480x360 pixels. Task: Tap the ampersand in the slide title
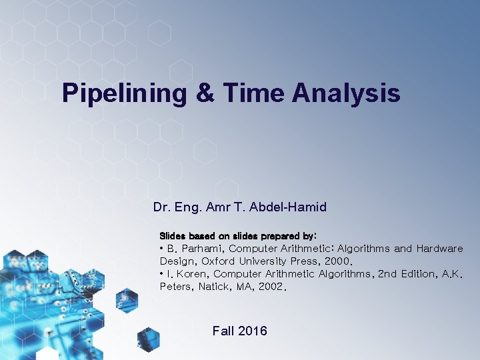(x=205, y=93)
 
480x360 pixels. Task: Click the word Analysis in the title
(x=346, y=93)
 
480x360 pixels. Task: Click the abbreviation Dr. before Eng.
(x=161, y=207)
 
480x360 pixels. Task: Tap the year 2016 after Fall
(x=253, y=331)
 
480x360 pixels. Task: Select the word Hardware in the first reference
(x=439, y=249)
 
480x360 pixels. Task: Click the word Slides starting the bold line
(x=173, y=236)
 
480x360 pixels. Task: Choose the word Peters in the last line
(x=175, y=287)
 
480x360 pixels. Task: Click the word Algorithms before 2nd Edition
(x=346, y=274)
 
